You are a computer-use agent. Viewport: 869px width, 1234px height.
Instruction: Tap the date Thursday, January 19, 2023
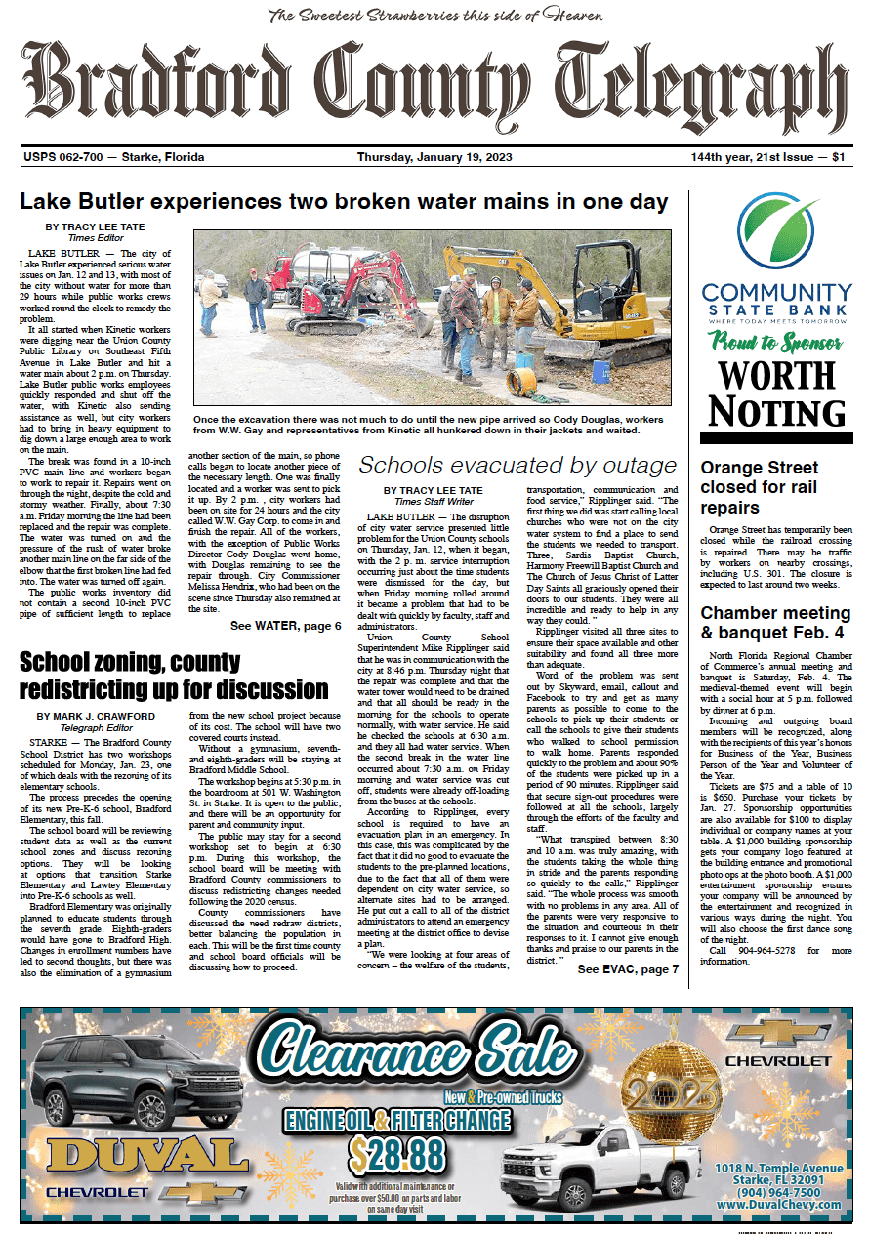point(434,157)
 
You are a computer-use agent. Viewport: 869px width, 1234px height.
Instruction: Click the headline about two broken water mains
point(344,202)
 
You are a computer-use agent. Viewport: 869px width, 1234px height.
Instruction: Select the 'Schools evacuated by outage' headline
point(517,464)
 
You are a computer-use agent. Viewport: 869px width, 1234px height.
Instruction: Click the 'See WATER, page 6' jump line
point(285,625)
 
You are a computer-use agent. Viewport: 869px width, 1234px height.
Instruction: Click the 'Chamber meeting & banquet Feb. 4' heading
point(775,624)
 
